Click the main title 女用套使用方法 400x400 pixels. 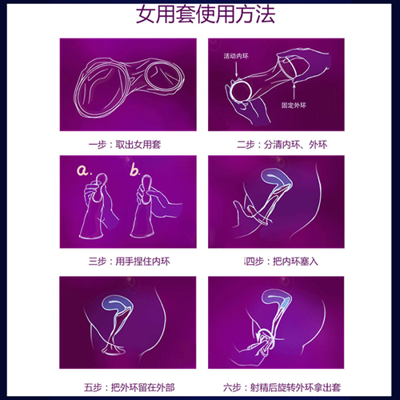(x=200, y=16)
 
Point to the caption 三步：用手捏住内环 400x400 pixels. (x=124, y=259)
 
